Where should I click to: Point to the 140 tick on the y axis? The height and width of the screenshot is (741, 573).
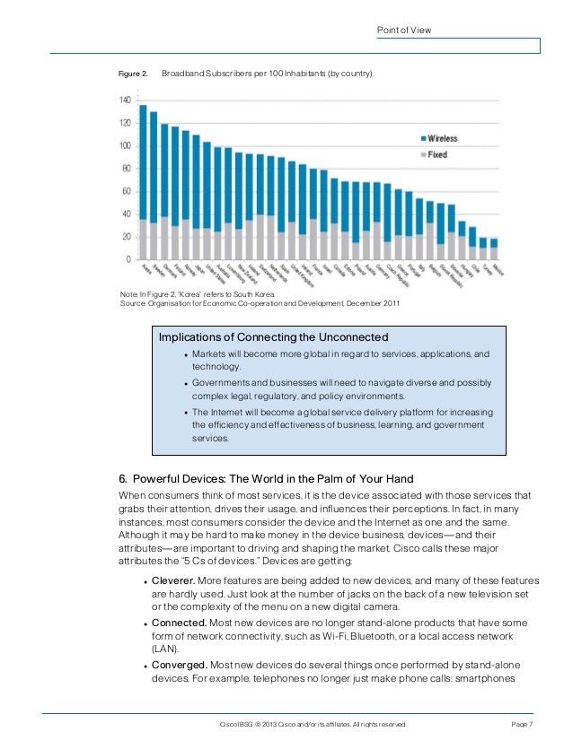(x=124, y=100)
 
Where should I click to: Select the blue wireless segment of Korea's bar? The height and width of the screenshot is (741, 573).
(x=143, y=161)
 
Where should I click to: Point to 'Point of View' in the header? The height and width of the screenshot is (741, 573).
(x=403, y=30)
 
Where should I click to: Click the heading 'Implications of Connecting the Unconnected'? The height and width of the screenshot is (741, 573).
(x=273, y=337)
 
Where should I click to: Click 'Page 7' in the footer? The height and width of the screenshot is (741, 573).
(x=521, y=723)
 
